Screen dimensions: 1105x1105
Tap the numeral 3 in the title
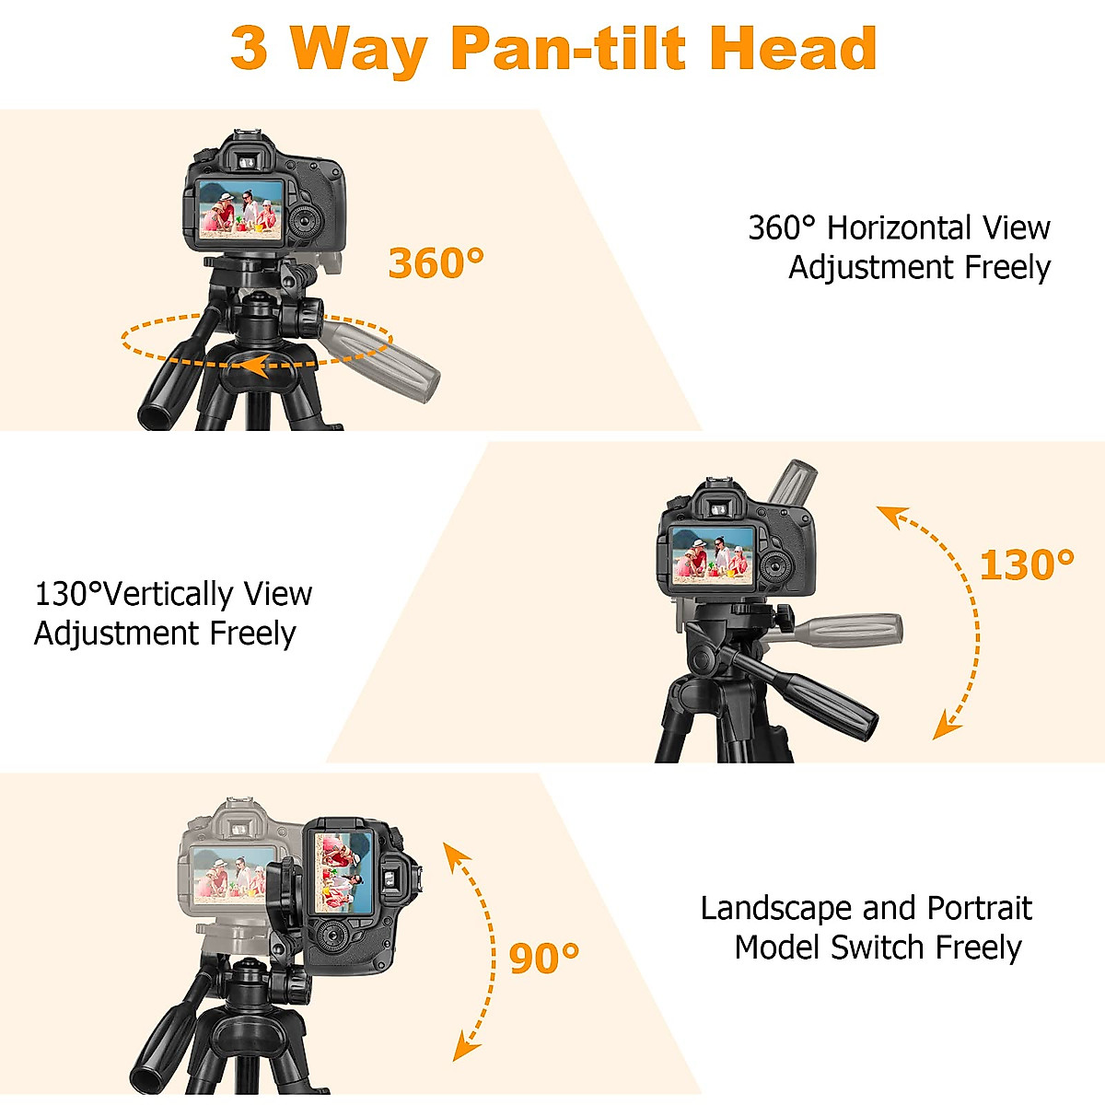pyautogui.click(x=250, y=48)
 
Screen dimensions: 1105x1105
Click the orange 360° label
pyautogui.click(x=436, y=263)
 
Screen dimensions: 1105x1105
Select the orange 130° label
pyautogui.click(x=1026, y=565)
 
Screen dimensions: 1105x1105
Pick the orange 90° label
pyautogui.click(x=543, y=959)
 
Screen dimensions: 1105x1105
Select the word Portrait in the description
pyautogui.click(x=979, y=908)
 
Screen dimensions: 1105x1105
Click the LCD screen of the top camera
pyautogui.click(x=238, y=208)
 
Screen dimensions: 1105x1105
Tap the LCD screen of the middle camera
pyautogui.click(x=713, y=555)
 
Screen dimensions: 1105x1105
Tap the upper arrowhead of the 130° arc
pyautogui.click(x=890, y=516)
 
